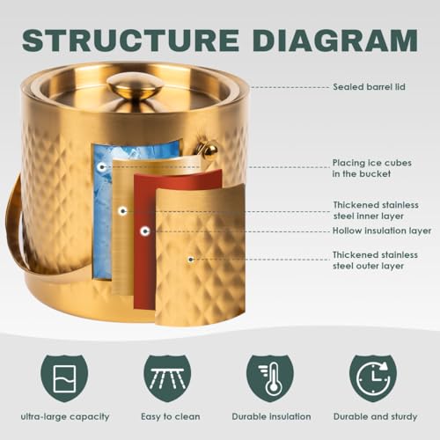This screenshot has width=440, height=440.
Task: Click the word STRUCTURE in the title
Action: click(x=131, y=40)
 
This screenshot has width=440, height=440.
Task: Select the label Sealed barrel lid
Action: click(x=369, y=87)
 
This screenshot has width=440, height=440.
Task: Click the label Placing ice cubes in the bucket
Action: click(x=371, y=168)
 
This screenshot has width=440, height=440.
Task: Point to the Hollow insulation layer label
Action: click(x=382, y=231)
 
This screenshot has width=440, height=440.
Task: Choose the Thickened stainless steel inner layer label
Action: click(x=376, y=210)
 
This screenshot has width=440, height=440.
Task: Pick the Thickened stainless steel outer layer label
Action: click(x=375, y=260)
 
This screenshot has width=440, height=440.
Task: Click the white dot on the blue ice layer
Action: click(x=102, y=167)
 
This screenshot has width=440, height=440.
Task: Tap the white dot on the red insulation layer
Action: click(x=144, y=231)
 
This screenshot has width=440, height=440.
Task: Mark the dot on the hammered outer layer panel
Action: click(x=191, y=260)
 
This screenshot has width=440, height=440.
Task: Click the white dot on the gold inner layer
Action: click(x=122, y=210)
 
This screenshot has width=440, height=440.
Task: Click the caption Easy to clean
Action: click(x=171, y=416)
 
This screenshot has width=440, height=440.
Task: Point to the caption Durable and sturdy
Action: click(x=375, y=416)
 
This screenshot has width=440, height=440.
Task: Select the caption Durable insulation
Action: click(x=271, y=416)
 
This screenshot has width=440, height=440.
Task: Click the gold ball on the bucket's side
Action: click(x=210, y=150)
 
